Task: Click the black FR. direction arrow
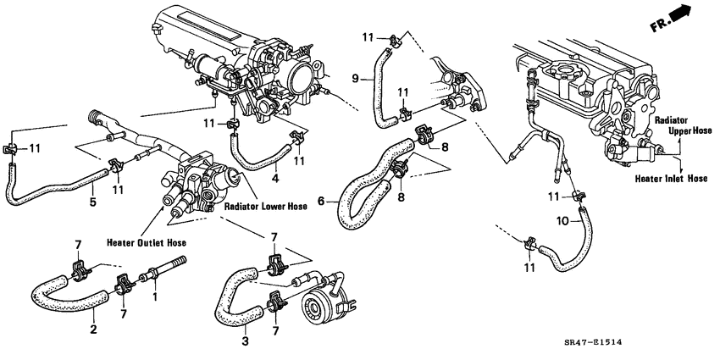[696, 15]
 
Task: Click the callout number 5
[93, 202]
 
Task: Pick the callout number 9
[357, 78]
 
